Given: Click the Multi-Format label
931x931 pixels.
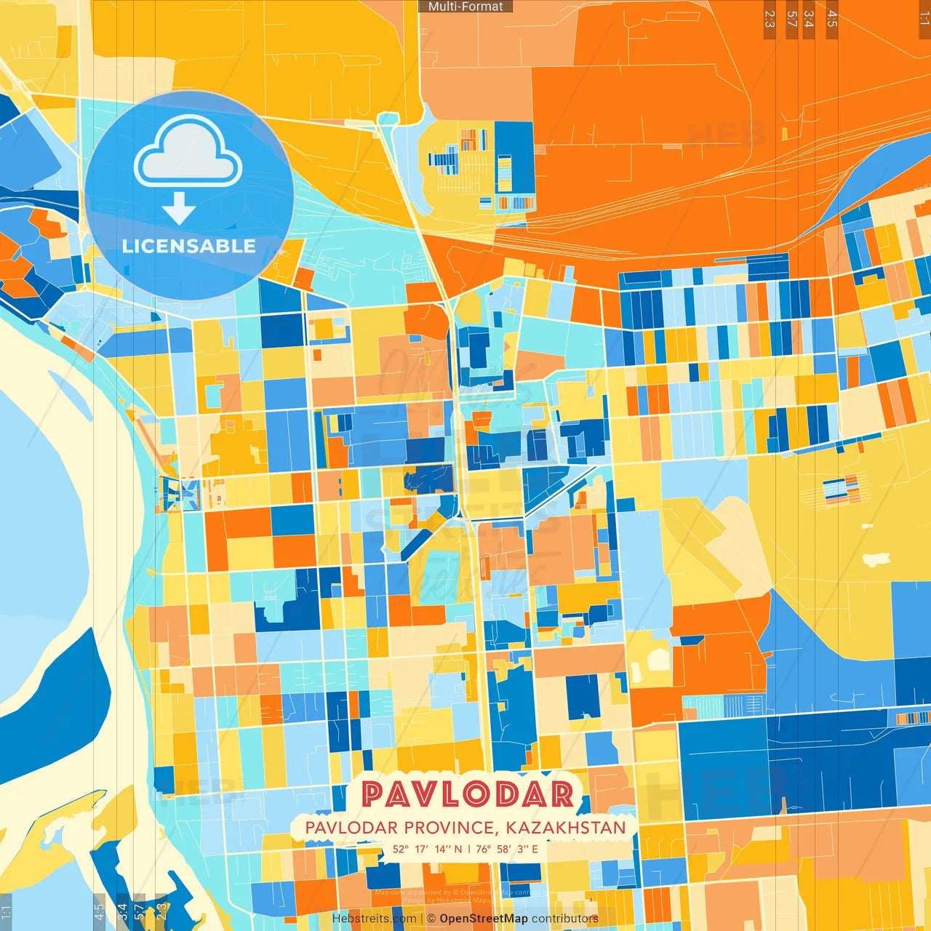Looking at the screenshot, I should tap(465, 7).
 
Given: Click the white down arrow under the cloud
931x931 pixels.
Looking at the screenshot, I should tap(179, 208).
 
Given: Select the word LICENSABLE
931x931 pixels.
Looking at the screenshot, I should tap(189, 246).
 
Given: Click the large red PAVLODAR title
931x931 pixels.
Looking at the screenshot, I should tap(467, 794).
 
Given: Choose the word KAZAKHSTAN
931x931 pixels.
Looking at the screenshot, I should tap(566, 828).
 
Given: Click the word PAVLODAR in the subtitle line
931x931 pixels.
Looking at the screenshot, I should tap(351, 828).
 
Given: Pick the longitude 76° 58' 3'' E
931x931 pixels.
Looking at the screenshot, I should tap(507, 849).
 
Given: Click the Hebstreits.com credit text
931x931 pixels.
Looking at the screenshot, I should tap(374, 919).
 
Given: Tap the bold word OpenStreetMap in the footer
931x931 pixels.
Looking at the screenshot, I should tap(484, 919).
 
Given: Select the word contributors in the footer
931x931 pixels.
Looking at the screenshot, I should tap(565, 919).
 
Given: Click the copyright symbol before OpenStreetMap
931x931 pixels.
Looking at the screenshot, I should tap(431, 919).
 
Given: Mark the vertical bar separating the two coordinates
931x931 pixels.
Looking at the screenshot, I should tap(469, 849).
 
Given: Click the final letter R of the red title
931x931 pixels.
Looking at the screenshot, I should tap(562, 794).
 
